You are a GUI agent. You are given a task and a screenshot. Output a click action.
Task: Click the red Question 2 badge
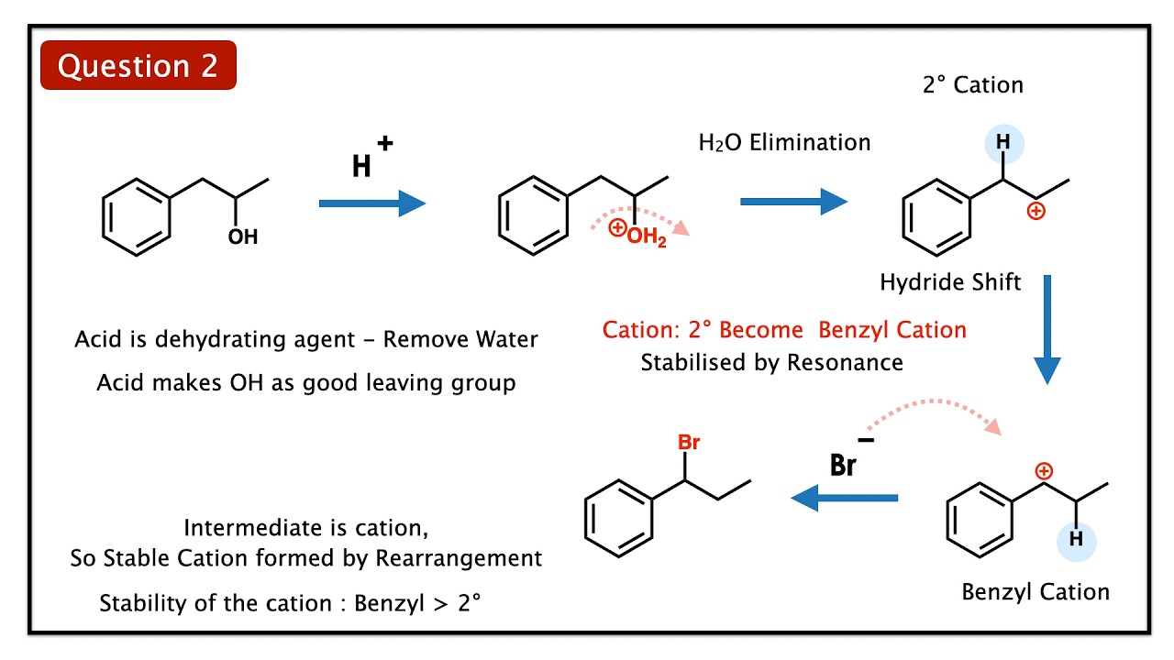tap(138, 65)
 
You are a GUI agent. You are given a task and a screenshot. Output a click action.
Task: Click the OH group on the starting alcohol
tap(243, 237)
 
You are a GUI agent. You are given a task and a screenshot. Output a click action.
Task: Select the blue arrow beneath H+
tap(371, 203)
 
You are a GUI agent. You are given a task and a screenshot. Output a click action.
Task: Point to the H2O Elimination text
tap(784, 142)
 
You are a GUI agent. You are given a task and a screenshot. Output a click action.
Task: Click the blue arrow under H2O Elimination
tap(793, 201)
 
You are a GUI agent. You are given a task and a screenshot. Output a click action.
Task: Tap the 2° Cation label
tap(972, 85)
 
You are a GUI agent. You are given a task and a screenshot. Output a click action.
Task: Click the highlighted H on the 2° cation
tap(1004, 144)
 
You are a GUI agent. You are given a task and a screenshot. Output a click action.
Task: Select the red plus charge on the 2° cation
tap(1036, 212)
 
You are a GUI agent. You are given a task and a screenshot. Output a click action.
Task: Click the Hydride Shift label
tap(950, 281)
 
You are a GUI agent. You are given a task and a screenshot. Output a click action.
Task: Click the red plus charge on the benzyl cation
tap(1043, 471)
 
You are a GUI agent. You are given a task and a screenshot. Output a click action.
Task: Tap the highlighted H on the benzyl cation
tap(1076, 539)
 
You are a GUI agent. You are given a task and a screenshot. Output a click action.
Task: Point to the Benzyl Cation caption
tap(1036, 591)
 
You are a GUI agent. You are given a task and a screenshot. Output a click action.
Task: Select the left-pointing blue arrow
tap(845, 498)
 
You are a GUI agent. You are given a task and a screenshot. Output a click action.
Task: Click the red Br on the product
tap(689, 443)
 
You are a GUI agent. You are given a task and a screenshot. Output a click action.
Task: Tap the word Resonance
tap(845, 362)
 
